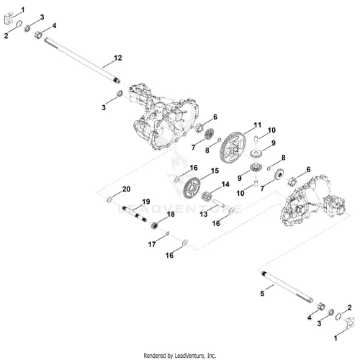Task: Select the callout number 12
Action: tap(118, 58)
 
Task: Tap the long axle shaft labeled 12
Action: tap(82, 60)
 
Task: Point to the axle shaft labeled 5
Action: tap(287, 287)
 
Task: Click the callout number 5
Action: tap(262, 294)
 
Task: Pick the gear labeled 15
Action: tap(192, 188)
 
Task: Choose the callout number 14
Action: tap(225, 184)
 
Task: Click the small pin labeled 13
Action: tap(218, 202)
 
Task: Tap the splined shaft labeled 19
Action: tap(135, 214)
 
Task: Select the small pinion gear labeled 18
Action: tap(156, 225)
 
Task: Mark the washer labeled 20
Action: tap(109, 199)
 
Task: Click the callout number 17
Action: tap(152, 244)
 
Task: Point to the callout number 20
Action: tap(126, 189)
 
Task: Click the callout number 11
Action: tap(258, 125)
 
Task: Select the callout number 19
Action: tap(146, 202)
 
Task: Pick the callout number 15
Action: tap(215, 171)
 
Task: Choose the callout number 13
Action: tap(204, 214)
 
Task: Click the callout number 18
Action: tap(171, 214)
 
